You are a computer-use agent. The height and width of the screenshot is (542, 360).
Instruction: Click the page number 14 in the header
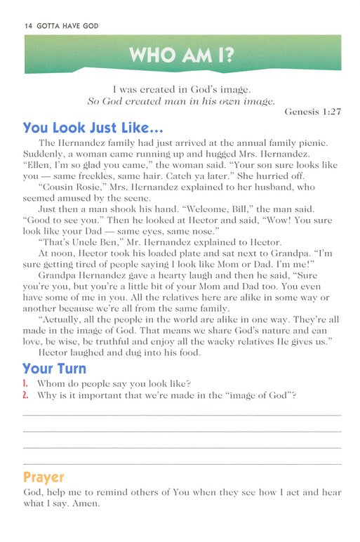[28, 25]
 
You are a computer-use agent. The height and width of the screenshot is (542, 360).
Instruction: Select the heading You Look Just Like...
[93, 129]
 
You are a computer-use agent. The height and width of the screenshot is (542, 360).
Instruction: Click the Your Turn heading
[54, 368]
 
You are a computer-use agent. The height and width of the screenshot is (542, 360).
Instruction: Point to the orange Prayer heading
[44, 477]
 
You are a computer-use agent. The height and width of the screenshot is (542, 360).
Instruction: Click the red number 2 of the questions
[25, 395]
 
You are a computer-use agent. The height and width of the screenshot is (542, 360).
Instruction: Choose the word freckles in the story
[95, 195]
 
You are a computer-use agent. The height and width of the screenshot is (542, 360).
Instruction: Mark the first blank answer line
[182, 414]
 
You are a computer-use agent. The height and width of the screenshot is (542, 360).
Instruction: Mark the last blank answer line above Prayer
[182, 462]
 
